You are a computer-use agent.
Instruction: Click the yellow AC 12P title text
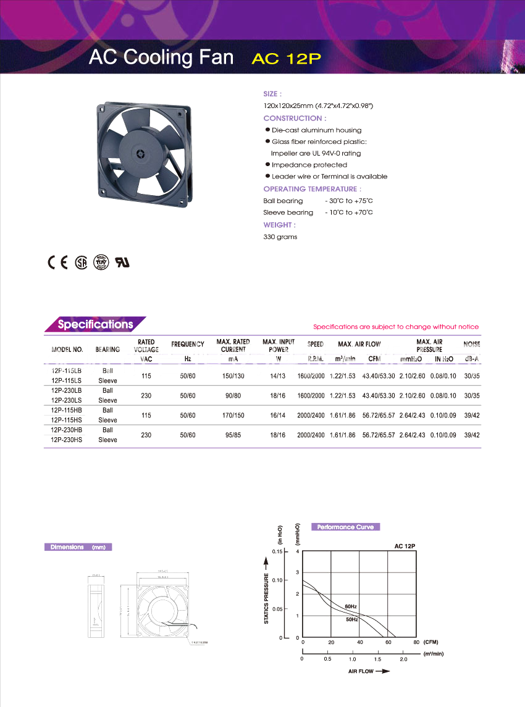(287, 59)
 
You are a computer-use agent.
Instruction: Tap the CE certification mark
(57, 262)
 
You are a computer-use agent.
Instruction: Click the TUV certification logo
(100, 262)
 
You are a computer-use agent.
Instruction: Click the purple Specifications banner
(95, 324)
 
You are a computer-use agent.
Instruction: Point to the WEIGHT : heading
(279, 225)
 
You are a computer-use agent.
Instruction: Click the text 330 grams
(280, 237)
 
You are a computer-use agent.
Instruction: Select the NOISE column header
(471, 345)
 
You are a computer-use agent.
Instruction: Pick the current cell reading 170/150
(232, 416)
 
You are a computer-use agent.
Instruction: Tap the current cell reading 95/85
(232, 435)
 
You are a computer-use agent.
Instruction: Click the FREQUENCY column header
(188, 345)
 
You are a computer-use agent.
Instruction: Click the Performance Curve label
(345, 527)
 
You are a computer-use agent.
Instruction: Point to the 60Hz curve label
(351, 607)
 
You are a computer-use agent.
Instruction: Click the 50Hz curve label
(351, 619)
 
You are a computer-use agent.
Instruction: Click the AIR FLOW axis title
(361, 671)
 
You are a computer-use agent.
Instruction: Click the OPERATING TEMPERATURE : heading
(312, 189)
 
